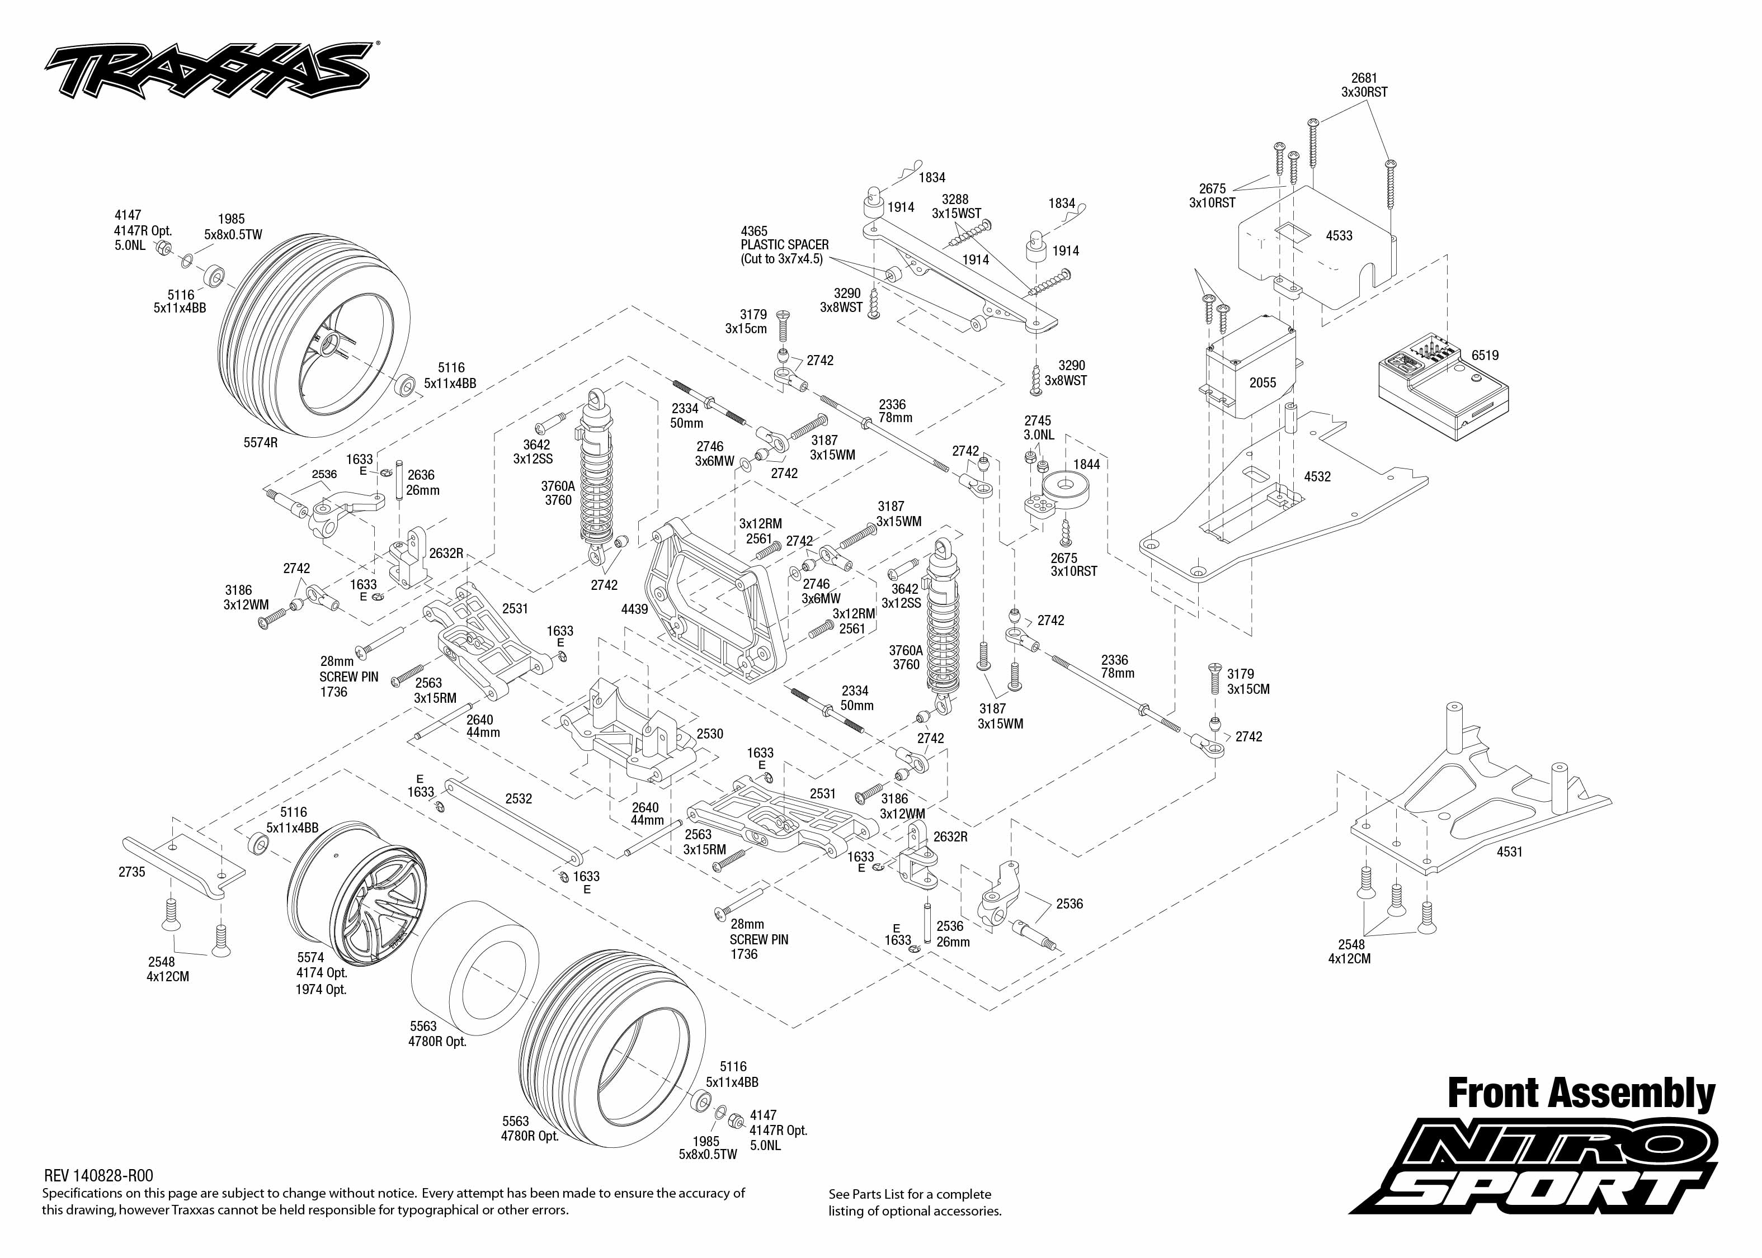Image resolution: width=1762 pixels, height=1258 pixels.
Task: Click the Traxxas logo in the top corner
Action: click(208, 70)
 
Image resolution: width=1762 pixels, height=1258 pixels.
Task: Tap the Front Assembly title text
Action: click(1581, 1094)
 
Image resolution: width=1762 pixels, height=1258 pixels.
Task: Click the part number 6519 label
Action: click(1485, 356)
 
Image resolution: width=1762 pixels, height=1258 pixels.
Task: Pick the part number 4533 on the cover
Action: click(1339, 235)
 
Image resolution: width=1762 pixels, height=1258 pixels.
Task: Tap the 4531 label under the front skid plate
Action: click(1509, 852)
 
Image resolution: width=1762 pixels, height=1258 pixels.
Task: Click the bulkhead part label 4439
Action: click(634, 609)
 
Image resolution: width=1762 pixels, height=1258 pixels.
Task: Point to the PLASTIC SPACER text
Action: click(784, 245)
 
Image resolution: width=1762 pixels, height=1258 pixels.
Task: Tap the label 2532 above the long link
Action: click(519, 798)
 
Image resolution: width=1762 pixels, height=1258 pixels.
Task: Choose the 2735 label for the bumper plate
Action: click(131, 872)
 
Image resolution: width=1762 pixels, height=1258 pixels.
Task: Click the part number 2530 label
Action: click(710, 734)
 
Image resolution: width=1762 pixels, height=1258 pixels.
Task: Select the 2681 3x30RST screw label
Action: click(1364, 85)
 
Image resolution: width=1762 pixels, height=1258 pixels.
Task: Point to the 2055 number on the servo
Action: click(1262, 382)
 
